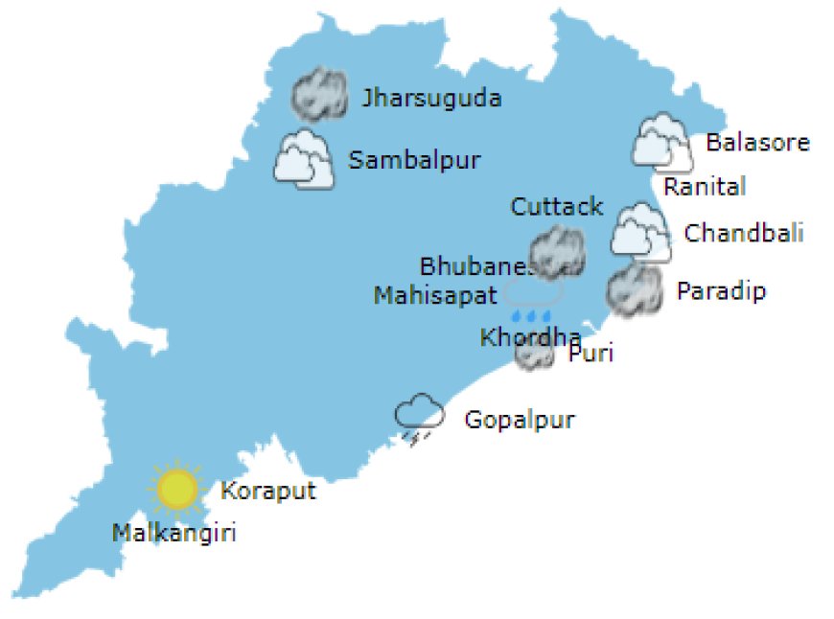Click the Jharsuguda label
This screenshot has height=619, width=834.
click(x=431, y=98)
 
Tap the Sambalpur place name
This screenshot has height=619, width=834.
click(x=414, y=160)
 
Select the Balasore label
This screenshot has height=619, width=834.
click(x=757, y=143)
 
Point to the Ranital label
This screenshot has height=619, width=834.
click(x=705, y=186)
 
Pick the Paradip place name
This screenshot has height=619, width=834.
click(x=722, y=290)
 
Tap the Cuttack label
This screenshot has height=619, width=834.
click(x=557, y=206)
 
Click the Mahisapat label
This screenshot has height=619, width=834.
click(x=435, y=294)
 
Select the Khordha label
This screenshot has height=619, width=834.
click(x=530, y=337)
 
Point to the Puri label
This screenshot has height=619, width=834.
click(x=591, y=354)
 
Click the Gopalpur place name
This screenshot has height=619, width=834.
click(x=520, y=420)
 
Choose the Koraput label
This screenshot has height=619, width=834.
click(x=268, y=492)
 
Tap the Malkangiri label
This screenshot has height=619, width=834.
click(x=174, y=533)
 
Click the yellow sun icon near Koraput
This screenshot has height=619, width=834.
click(x=177, y=489)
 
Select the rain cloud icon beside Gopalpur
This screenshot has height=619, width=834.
click(x=420, y=419)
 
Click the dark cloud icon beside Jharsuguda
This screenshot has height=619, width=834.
click(x=319, y=94)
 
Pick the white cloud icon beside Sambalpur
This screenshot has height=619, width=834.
click(x=303, y=160)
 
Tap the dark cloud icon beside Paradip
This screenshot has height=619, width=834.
click(x=635, y=290)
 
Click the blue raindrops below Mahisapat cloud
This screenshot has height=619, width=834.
click(x=531, y=315)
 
